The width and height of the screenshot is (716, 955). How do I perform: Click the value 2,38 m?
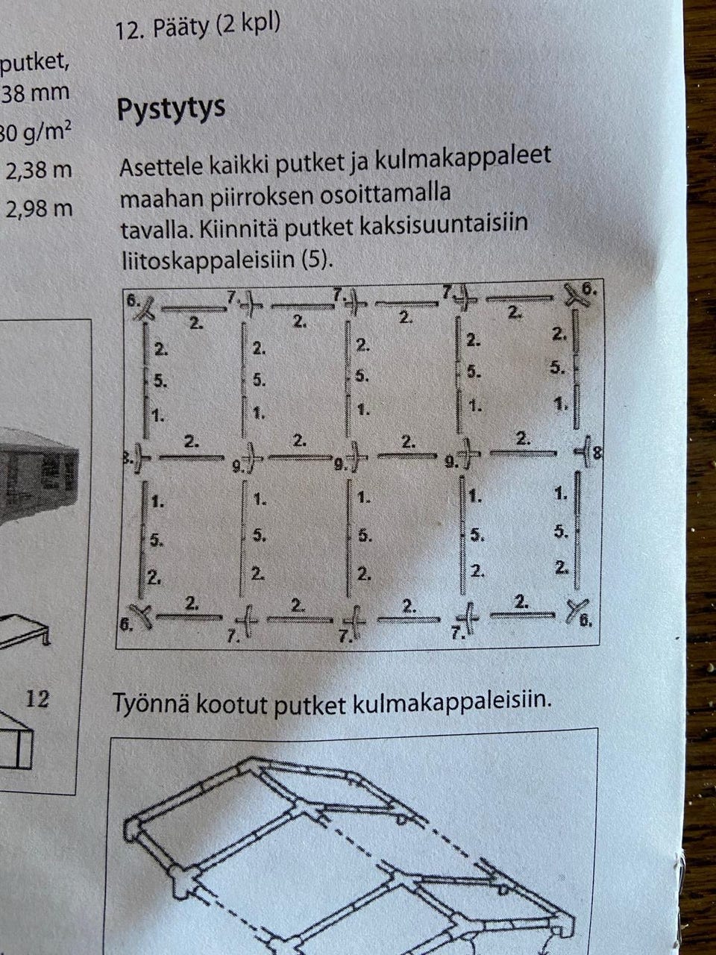(x=39, y=171)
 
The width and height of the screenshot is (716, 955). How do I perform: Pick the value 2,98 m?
(x=39, y=208)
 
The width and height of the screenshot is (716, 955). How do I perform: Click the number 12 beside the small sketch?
(x=37, y=699)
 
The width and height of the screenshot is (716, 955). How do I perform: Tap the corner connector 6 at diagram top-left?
(x=144, y=307)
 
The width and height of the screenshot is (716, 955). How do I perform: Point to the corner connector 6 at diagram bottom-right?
(x=577, y=611)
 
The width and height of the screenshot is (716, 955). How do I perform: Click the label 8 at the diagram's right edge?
(x=597, y=452)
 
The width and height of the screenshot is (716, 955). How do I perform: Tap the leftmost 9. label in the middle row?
(x=238, y=467)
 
